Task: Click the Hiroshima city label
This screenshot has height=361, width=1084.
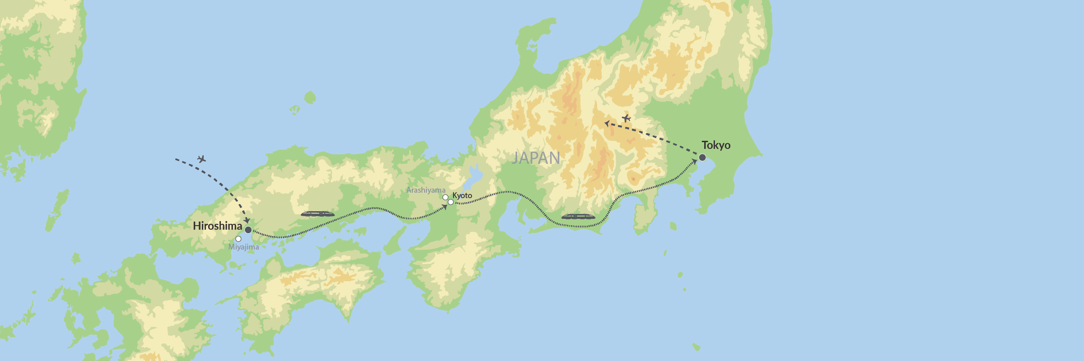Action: click(x=217, y=226)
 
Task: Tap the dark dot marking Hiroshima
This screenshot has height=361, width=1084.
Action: click(x=248, y=230)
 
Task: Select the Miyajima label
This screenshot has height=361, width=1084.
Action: click(x=243, y=247)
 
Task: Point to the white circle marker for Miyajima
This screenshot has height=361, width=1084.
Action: click(x=238, y=239)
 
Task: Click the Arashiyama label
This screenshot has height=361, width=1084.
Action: click(x=425, y=190)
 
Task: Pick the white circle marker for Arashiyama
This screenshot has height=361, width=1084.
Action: click(x=445, y=197)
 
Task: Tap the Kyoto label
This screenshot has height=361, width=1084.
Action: click(x=462, y=195)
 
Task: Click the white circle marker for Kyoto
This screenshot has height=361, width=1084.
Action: click(x=450, y=202)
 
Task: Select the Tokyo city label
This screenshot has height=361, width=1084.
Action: click(x=716, y=145)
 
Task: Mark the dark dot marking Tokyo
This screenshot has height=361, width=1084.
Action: click(x=702, y=157)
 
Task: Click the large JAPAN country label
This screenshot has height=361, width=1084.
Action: click(x=536, y=158)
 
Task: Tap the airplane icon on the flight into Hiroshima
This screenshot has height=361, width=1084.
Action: click(x=201, y=159)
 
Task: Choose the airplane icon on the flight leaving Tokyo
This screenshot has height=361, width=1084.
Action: click(x=626, y=118)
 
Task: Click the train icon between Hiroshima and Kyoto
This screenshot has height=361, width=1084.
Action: click(x=318, y=214)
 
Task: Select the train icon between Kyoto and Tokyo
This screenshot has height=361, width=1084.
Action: click(x=578, y=217)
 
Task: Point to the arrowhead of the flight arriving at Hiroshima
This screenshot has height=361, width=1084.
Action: click(x=247, y=220)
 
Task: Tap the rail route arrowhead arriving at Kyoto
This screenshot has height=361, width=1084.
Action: click(x=445, y=207)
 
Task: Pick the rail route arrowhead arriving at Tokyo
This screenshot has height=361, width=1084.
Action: click(x=695, y=162)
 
